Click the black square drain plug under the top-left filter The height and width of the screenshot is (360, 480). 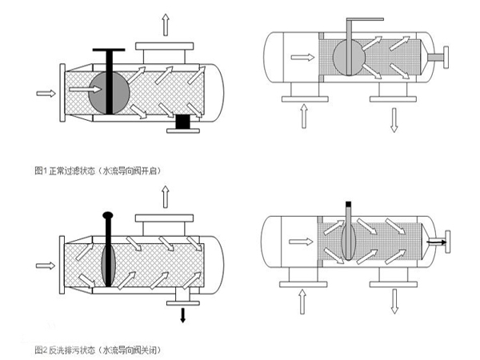tap(183, 122)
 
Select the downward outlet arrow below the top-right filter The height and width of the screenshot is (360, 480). tap(393, 118)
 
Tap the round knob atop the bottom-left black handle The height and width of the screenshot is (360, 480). tap(107, 215)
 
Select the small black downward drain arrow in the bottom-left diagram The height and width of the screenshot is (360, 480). tap(182, 314)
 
